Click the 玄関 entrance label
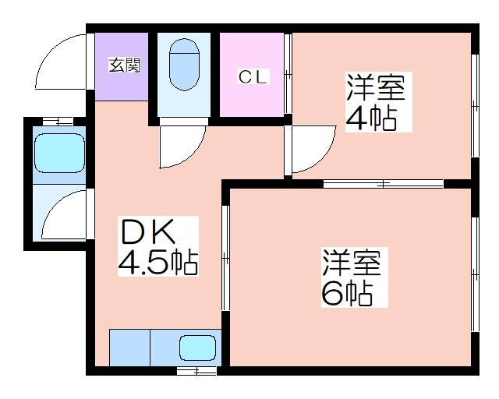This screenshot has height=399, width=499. click(x=125, y=65)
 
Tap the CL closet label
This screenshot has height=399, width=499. click(x=253, y=76)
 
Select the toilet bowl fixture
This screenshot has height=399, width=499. click(x=184, y=65)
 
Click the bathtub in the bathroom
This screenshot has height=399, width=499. click(x=59, y=153)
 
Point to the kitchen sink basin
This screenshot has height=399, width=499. click(x=197, y=348)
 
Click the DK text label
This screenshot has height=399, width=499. click(x=147, y=231)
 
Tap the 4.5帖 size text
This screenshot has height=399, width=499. click(x=157, y=263)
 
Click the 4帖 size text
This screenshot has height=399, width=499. click(x=371, y=118)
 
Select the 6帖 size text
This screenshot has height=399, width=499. click(x=347, y=293)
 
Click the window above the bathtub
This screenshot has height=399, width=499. click(x=58, y=122)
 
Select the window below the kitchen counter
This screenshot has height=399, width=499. click(x=196, y=370)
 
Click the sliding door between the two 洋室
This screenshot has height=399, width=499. click(x=383, y=184)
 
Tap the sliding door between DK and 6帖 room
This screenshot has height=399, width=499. click(x=225, y=258)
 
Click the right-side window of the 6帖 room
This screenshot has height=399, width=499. click(x=475, y=274)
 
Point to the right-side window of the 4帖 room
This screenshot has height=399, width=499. click(x=475, y=105)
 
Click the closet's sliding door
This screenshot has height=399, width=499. click(x=288, y=73)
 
